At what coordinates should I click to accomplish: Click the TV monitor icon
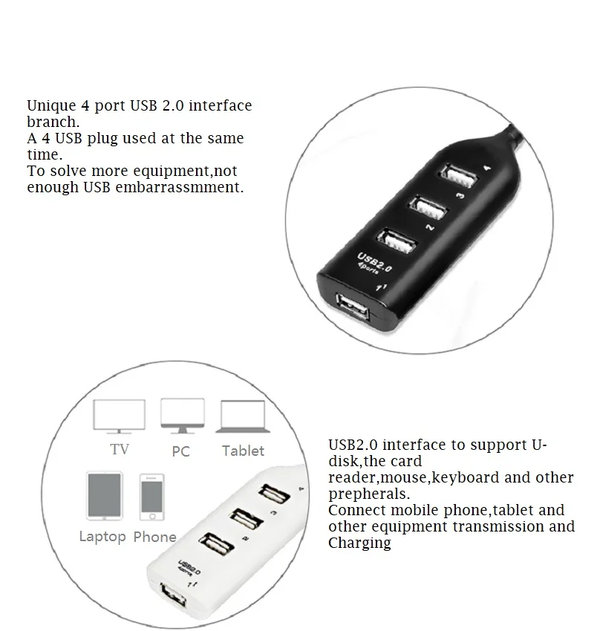click(119, 416)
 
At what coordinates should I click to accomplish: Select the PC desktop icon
click(182, 416)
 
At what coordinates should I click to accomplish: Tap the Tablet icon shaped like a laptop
click(242, 417)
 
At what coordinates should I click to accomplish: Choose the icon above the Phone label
click(151, 496)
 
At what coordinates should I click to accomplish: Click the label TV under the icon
click(119, 450)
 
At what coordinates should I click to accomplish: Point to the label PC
click(180, 451)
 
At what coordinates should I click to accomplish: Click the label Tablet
click(243, 451)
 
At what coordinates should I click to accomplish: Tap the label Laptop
click(102, 537)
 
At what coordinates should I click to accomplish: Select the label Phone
click(154, 537)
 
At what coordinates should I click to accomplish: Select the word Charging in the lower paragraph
click(359, 543)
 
